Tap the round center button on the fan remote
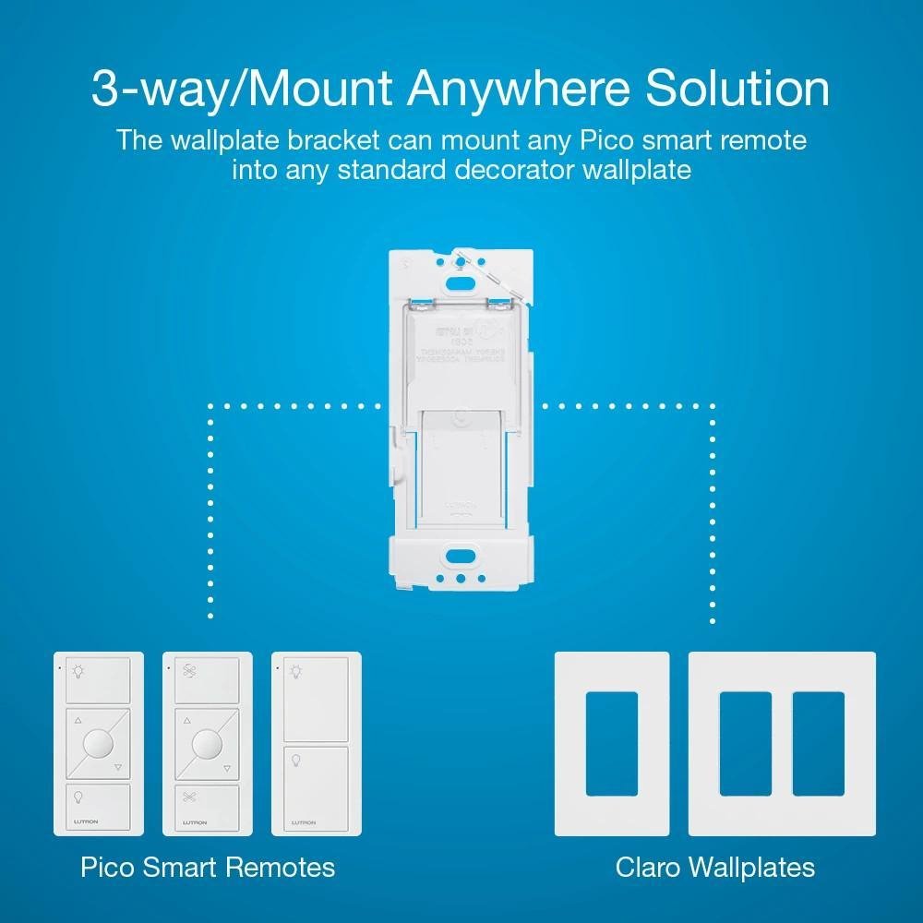[208, 744]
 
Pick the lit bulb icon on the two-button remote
[295, 671]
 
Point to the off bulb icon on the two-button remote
[295, 761]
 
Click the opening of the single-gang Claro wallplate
[611, 745]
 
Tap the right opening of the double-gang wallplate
[818, 745]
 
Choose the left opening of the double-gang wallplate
[745, 745]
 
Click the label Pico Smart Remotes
[207, 868]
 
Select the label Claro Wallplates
[715, 868]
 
